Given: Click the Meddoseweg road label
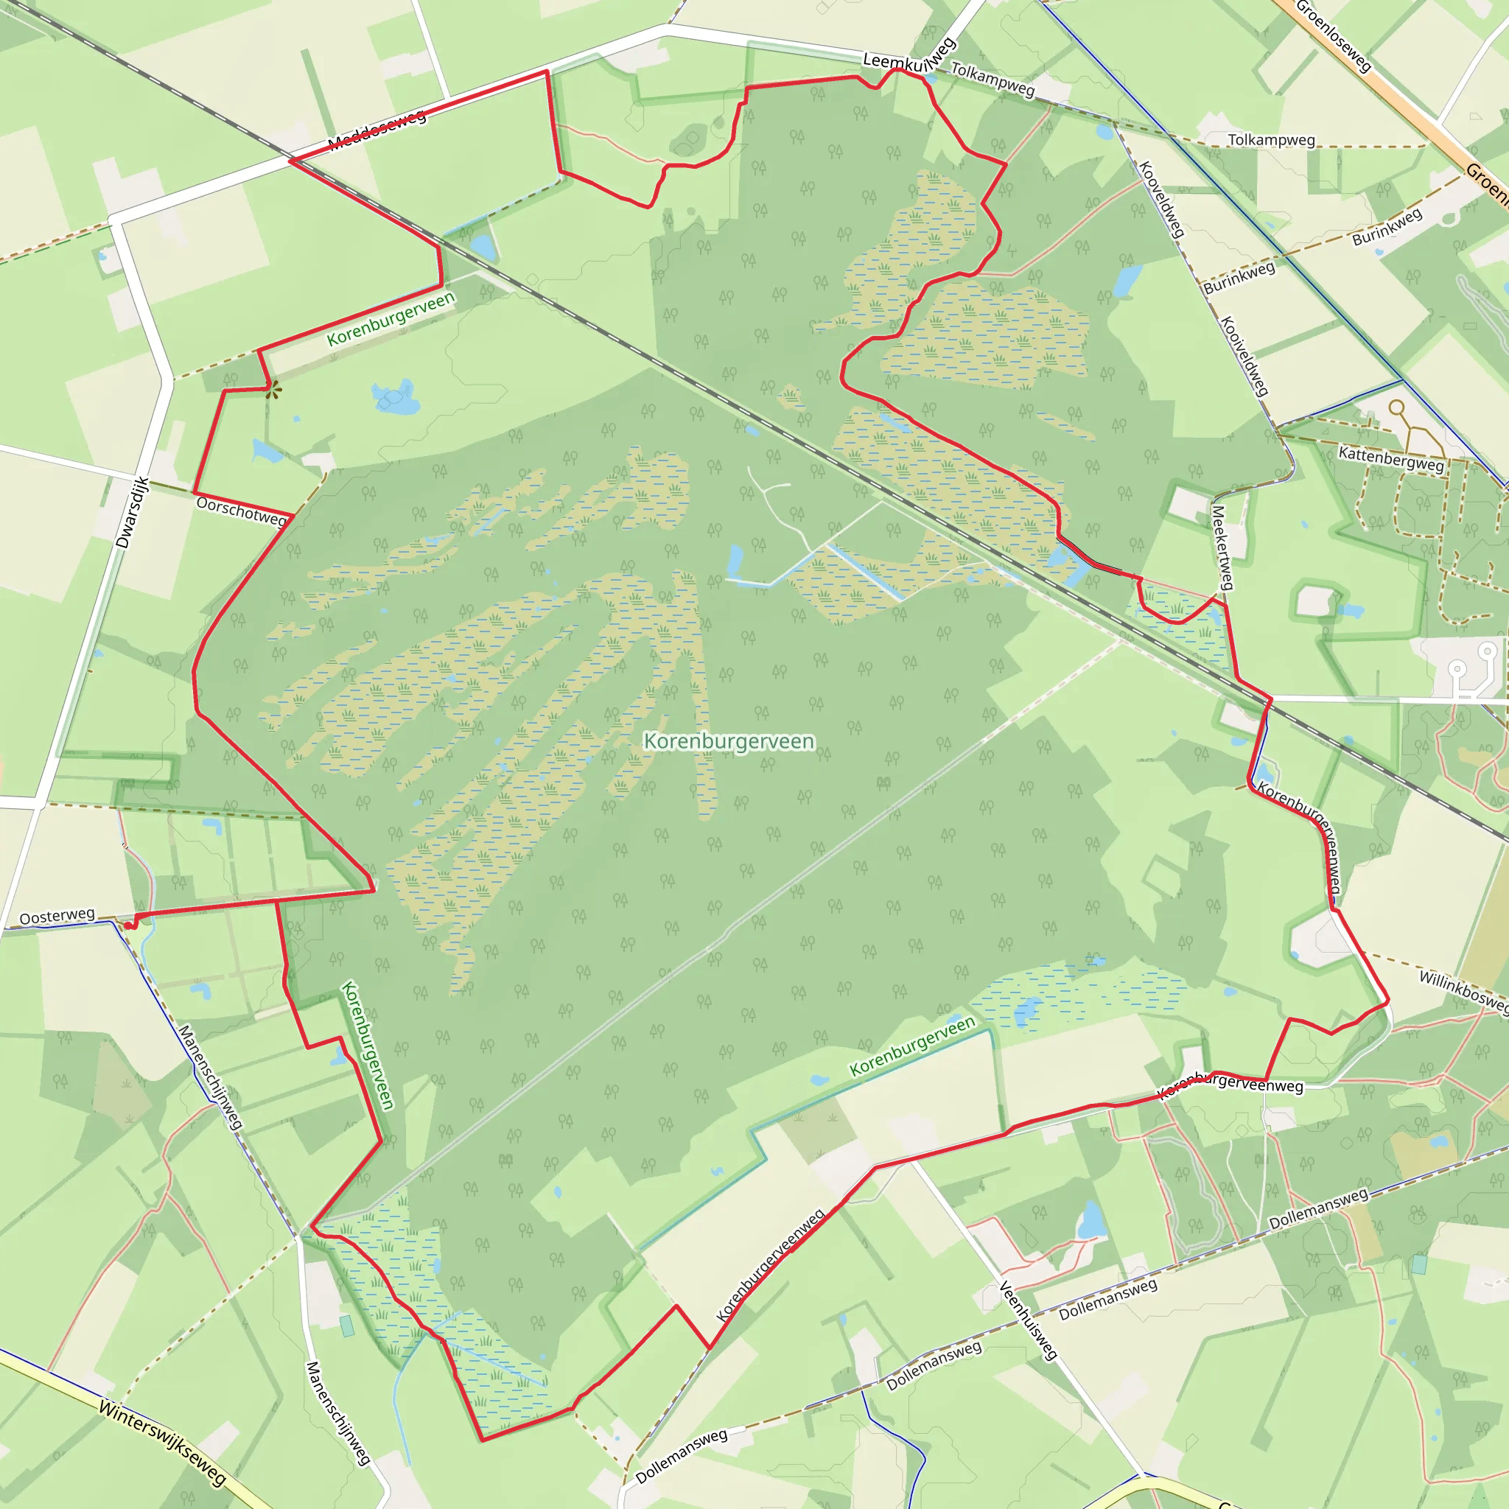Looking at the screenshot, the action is tap(377, 130).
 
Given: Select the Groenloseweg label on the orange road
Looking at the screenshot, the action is tap(1333, 36).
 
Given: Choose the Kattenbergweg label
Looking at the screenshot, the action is tap(1391, 458).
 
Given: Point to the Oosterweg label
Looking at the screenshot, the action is tap(57, 916).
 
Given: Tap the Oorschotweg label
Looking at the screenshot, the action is tap(242, 511).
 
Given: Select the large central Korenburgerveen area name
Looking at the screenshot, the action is tap(729, 741).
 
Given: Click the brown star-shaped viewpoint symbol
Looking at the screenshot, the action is tap(273, 391).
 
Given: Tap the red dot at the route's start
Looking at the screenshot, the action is tap(128, 926).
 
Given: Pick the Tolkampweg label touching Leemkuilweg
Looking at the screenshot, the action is tap(992, 80).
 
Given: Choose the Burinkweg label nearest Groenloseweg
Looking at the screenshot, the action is tap(1387, 227).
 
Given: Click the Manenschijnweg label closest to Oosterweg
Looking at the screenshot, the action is tap(209, 1077).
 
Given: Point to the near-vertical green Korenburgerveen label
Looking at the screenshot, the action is tap(368, 1044).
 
